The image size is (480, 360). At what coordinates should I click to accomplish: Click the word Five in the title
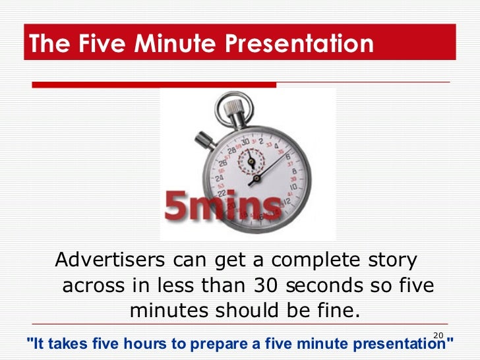[100, 44]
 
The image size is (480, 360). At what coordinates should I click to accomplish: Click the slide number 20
[438, 336]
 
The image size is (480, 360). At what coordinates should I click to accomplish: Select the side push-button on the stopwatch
[204, 138]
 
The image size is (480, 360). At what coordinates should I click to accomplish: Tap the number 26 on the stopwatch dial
[222, 164]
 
